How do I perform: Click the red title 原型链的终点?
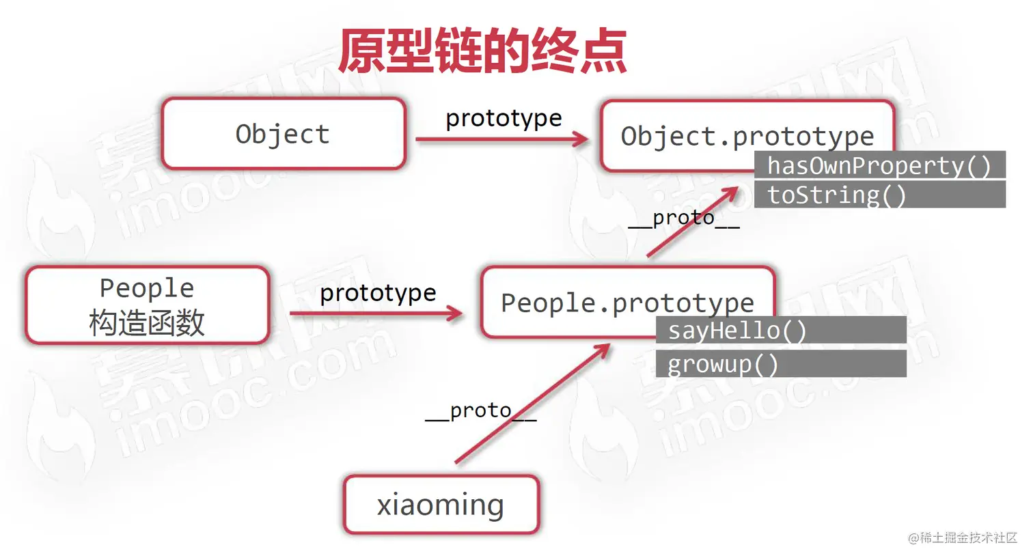(482, 51)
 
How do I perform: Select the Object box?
(284, 134)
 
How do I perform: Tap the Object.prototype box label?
(747, 135)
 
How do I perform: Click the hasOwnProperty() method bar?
(879, 165)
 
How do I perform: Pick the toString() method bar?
(879, 195)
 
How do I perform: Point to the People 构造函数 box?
(148, 305)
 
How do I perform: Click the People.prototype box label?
(627, 302)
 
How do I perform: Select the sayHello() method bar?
(780, 331)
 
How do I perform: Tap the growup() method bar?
(780, 364)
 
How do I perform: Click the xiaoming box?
(441, 505)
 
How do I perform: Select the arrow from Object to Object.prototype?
(501, 139)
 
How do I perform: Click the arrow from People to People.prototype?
(376, 313)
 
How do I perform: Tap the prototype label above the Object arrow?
(504, 118)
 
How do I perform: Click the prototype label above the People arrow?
(378, 293)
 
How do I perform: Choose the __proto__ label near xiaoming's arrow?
(480, 410)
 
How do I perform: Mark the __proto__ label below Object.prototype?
(683, 219)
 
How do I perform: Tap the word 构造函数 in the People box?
(148, 322)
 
